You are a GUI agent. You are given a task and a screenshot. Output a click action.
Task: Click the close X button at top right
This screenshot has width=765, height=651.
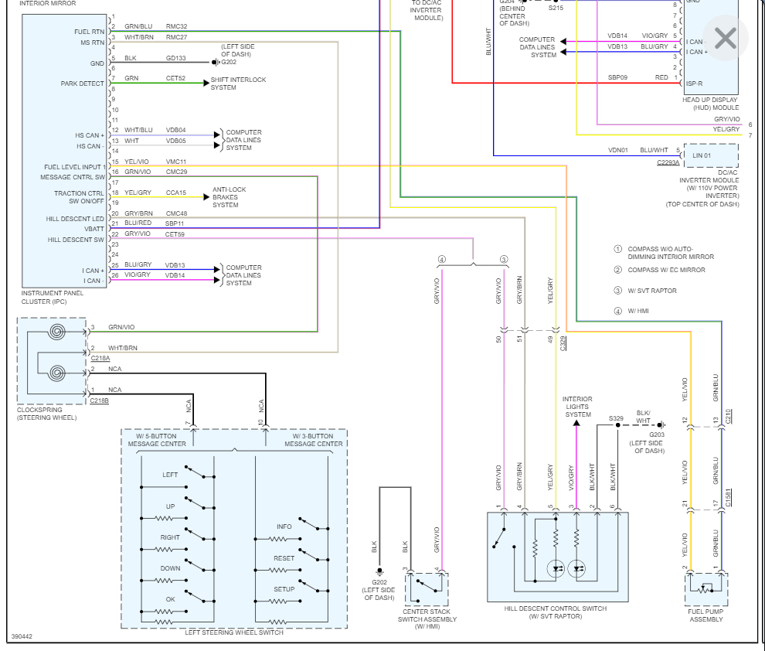(725, 39)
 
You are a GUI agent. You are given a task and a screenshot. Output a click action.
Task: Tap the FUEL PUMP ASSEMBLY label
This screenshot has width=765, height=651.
(705, 615)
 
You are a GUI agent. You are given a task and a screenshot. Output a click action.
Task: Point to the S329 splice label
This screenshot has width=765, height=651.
(616, 418)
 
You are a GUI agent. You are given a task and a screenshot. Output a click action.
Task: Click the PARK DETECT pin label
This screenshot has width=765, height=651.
(83, 84)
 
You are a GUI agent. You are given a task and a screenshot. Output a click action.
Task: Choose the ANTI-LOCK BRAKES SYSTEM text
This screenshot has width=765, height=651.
(229, 197)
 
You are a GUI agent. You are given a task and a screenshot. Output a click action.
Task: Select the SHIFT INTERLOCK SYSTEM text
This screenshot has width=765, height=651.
(238, 84)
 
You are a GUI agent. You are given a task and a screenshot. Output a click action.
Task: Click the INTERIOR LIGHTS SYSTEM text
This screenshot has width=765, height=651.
(577, 407)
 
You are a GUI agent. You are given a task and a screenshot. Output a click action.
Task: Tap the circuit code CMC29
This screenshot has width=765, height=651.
(176, 172)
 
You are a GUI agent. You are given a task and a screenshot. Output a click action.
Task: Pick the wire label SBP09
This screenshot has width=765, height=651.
(617, 77)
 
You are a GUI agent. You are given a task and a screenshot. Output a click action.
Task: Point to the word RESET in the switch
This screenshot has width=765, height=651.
(284, 557)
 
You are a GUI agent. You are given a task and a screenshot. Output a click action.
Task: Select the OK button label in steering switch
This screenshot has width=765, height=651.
(170, 599)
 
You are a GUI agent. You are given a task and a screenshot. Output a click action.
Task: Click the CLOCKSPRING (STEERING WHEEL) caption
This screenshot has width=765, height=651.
(47, 414)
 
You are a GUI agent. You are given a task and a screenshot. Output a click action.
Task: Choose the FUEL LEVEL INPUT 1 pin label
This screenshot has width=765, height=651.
(74, 167)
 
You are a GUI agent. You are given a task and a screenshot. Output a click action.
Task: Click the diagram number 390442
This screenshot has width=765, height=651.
(22, 637)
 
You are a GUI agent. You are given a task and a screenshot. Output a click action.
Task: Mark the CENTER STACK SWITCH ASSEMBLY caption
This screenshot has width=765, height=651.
(427, 619)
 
